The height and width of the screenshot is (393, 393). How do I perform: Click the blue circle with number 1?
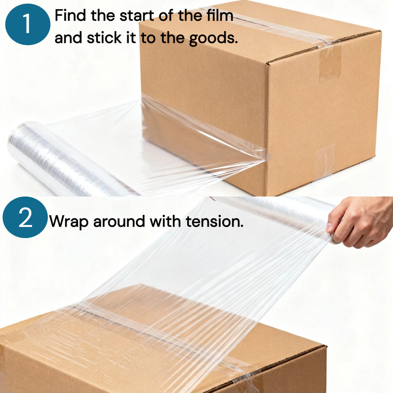point(28,24)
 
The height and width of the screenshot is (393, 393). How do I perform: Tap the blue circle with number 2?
point(25,217)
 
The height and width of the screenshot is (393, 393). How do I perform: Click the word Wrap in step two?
point(69,221)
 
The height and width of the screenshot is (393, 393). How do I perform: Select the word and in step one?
point(68,38)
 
